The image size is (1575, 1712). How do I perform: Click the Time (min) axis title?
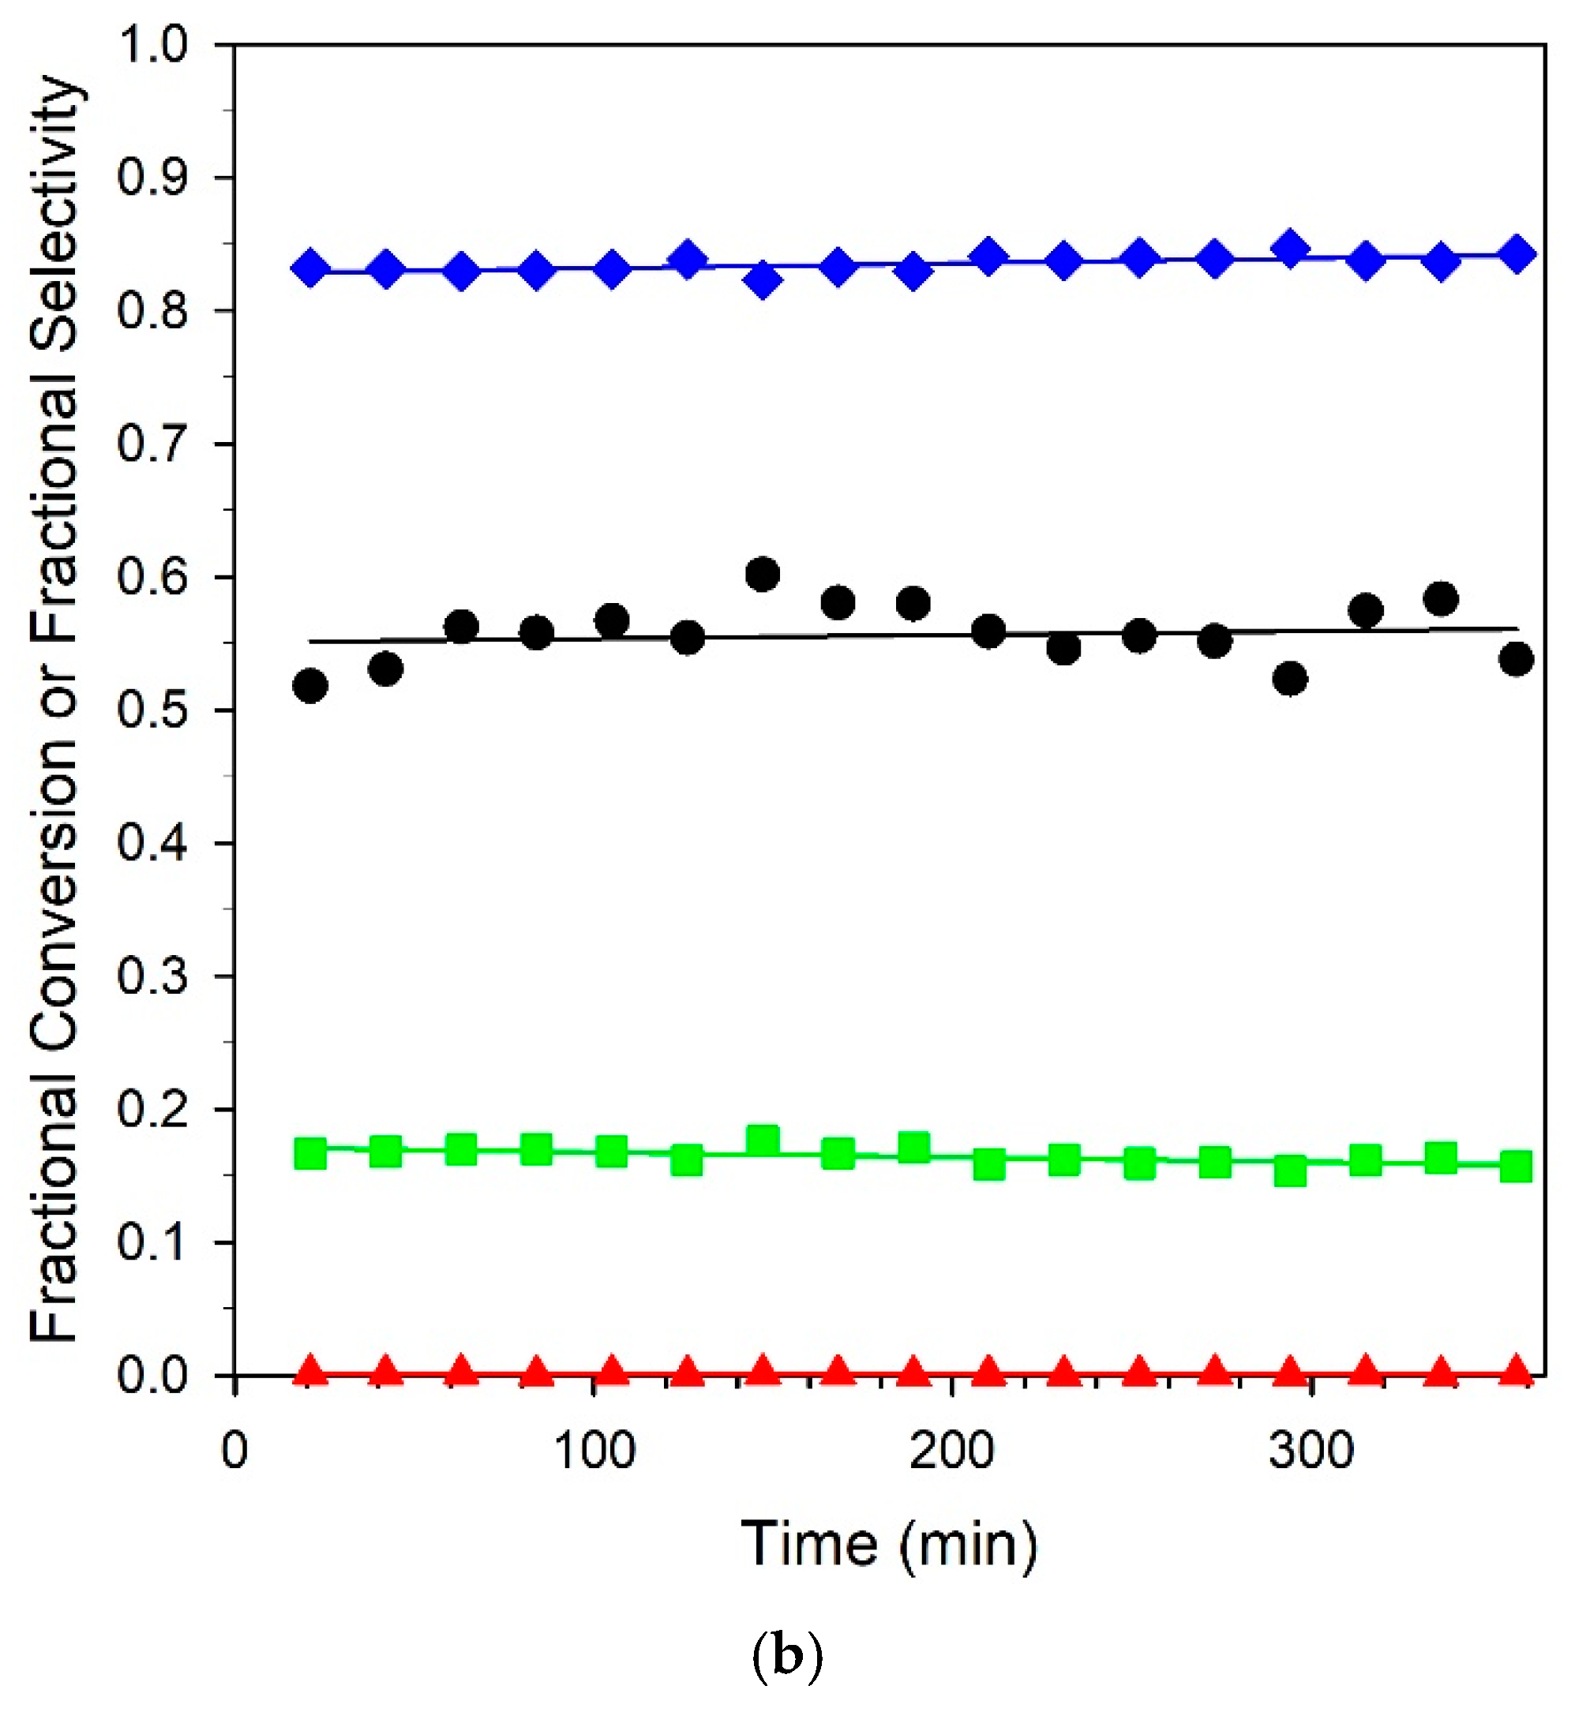tap(889, 1544)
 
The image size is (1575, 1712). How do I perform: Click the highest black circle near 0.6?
tap(762, 575)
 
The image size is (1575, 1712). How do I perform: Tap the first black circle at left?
tap(310, 685)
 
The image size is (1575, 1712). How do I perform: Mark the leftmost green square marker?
tap(310, 1154)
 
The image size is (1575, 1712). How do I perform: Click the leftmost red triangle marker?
tap(310, 1371)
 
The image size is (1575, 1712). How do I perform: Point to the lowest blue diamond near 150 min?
tap(762, 280)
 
